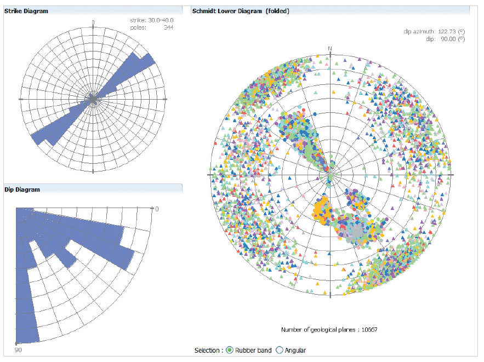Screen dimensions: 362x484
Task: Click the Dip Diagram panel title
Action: tap(22, 189)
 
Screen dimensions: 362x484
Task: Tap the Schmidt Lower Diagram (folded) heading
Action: tap(241, 11)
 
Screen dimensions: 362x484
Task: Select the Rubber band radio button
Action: tap(230, 350)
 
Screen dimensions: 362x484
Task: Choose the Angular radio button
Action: tap(280, 350)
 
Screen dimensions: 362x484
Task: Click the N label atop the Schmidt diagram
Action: tap(330, 48)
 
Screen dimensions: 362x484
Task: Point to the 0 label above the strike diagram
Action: tap(93, 22)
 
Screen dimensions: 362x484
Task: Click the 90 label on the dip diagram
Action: tap(18, 349)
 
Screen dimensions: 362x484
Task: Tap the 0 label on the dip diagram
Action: tap(156, 209)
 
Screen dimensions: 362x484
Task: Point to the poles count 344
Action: tap(168, 27)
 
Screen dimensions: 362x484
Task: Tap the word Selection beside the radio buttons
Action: tap(209, 350)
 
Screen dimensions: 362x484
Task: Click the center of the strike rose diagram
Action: tap(93, 99)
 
